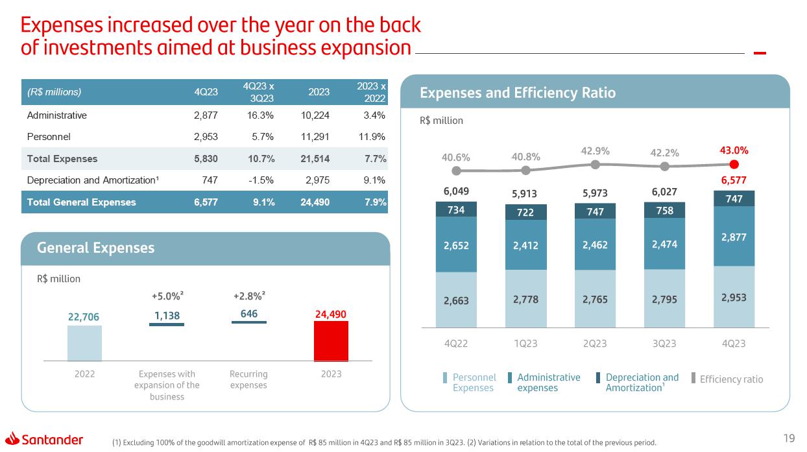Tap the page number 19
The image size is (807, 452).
click(x=789, y=439)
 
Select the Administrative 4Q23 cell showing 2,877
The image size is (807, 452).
click(x=206, y=115)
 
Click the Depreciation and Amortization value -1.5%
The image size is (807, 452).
click(x=262, y=180)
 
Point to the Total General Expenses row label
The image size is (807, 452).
click(x=81, y=202)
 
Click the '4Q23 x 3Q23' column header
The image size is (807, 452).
click(x=258, y=92)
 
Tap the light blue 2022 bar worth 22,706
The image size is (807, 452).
click(x=84, y=343)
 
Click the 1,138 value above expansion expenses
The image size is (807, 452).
click(x=167, y=315)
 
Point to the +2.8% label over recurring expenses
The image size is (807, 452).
click(x=248, y=296)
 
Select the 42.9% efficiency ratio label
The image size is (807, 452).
click(x=595, y=150)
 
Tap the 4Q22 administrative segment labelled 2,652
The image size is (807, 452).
click(x=457, y=244)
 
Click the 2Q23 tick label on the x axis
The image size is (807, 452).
click(x=595, y=344)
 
